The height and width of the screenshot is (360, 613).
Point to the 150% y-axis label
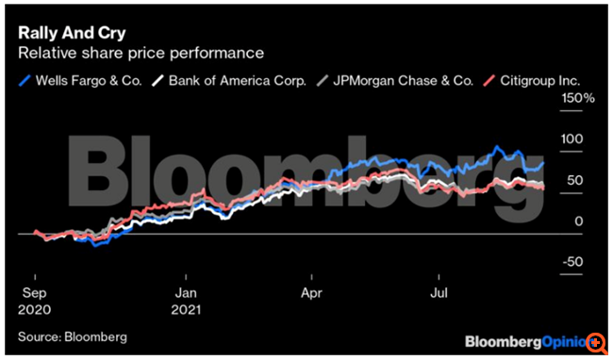(x=576, y=98)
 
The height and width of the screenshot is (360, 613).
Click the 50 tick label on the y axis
(x=574, y=180)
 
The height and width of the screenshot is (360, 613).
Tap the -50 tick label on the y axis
(x=572, y=262)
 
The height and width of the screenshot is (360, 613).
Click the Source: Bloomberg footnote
(x=72, y=335)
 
